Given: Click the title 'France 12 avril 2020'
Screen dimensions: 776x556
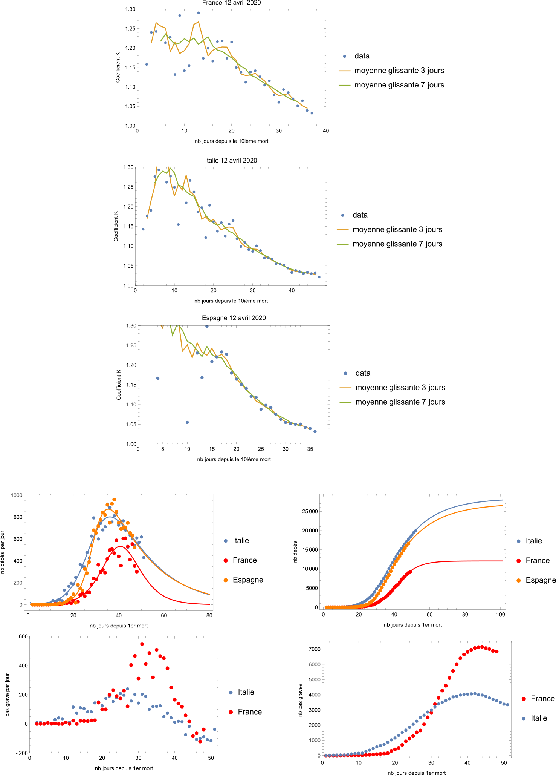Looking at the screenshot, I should (231, 3).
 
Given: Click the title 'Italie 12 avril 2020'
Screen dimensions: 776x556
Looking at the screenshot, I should (231, 161).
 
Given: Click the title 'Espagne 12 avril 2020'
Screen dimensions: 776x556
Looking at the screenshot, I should (234, 318).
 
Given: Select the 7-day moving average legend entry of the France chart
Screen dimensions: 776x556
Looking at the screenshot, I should (399, 85).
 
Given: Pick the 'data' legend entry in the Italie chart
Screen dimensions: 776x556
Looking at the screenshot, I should (360, 215).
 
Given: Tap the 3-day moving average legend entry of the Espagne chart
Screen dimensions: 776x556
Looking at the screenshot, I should (400, 388).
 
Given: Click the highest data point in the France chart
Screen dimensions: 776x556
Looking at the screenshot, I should (199, 13).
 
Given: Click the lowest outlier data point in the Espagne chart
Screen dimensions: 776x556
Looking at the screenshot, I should (187, 422).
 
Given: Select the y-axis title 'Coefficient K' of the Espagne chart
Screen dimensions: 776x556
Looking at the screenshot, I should (119, 385).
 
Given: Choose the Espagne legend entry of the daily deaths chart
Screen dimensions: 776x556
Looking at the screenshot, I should (247, 580).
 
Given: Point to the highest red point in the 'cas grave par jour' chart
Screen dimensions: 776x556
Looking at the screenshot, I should (142, 644).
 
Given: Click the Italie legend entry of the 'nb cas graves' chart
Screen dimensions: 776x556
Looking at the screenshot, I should (538, 718).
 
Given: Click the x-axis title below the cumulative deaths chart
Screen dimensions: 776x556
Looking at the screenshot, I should (412, 625).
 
